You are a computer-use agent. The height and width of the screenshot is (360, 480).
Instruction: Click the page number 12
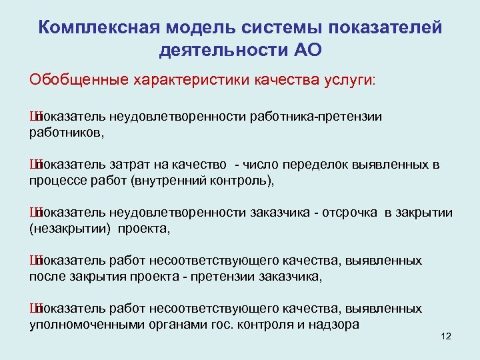pos(446,336)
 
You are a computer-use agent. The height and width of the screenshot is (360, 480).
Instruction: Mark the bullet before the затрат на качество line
pos(33,165)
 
